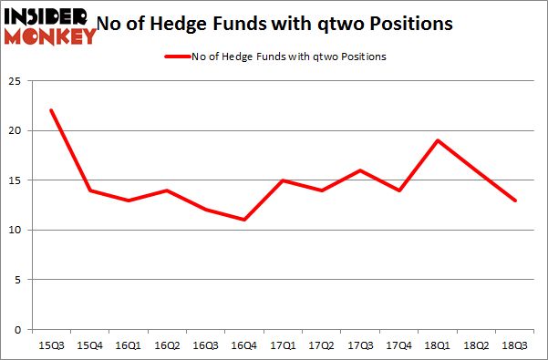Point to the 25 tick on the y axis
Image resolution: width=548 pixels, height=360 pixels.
coord(15,81)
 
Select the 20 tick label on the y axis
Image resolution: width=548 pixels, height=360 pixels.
coord(15,131)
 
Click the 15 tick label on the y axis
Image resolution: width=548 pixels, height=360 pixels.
coord(15,180)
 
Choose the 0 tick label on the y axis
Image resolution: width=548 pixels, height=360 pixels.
coord(17,329)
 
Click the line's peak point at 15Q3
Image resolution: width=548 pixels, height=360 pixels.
coord(53,110)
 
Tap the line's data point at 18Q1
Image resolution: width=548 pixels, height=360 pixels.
coord(439,140)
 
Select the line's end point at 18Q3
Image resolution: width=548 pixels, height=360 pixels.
coord(515,200)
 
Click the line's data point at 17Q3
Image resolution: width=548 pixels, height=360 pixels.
coord(361,170)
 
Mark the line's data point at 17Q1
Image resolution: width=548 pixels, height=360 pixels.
coord(284,180)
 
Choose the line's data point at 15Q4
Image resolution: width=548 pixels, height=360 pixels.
coord(91,190)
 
